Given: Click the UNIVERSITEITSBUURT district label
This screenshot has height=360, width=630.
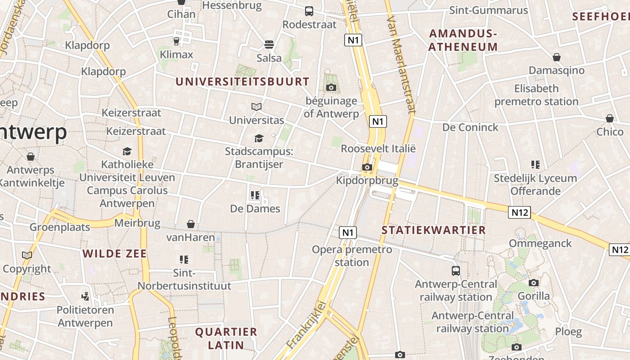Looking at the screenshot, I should click(x=243, y=81).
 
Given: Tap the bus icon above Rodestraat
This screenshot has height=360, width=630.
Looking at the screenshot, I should click(x=309, y=11).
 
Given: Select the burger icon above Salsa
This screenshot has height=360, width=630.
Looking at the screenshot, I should click(x=269, y=45).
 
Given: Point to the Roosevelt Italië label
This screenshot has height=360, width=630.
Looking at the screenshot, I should click(x=378, y=148).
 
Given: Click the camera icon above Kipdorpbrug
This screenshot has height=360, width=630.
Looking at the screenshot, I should click(x=367, y=167).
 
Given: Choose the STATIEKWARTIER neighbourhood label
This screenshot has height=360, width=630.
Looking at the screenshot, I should click(x=434, y=230).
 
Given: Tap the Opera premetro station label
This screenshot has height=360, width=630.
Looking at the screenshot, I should click(x=352, y=256).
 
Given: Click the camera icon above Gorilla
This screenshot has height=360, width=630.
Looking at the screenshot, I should click(x=534, y=283).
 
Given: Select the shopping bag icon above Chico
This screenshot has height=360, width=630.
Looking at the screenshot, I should click(x=610, y=118).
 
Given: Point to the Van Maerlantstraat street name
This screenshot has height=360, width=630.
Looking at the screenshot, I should click(x=400, y=65).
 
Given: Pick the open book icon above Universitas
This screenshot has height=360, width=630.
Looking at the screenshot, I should click(x=256, y=107).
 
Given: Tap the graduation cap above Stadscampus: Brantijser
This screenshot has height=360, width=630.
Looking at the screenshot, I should click(x=259, y=138).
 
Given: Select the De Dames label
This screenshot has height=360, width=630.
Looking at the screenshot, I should click(x=255, y=208).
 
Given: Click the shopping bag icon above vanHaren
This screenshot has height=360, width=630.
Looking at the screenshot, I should click(x=191, y=224).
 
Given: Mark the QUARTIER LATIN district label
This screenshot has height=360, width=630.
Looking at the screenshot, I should click(x=226, y=338).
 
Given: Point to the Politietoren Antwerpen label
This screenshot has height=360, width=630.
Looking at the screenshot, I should click(x=85, y=316).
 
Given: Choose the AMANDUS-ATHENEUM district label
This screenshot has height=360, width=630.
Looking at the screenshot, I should click(x=463, y=40).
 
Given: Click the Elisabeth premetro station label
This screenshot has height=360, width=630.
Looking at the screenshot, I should click(x=536, y=95).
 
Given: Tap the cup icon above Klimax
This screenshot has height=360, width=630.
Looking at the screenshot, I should click(x=176, y=41).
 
